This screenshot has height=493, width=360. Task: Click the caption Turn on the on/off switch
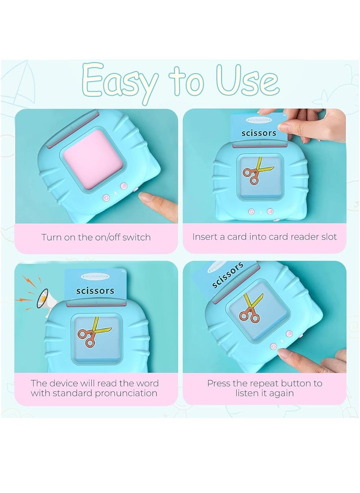(x=96, y=237)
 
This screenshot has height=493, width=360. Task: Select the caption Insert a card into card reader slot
(x=265, y=237)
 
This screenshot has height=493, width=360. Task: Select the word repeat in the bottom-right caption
(x=274, y=384)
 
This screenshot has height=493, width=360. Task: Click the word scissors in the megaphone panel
(x=95, y=291)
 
